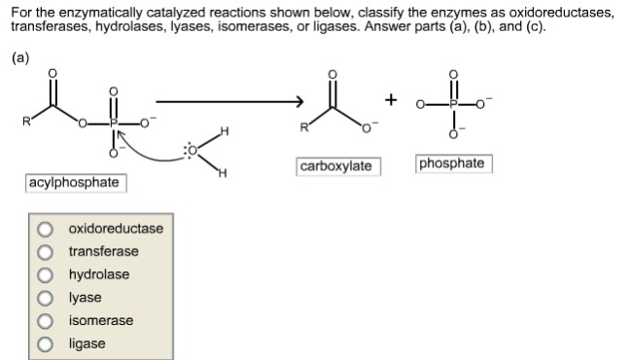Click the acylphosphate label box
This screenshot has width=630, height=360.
(x=74, y=183)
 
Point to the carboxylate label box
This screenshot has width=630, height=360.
(x=335, y=166)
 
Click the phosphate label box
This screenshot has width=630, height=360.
(x=452, y=163)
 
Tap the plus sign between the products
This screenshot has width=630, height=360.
(x=391, y=100)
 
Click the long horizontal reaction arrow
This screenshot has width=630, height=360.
(x=228, y=100)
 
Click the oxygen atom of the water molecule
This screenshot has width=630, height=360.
(x=192, y=151)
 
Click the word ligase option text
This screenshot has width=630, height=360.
(x=87, y=344)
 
